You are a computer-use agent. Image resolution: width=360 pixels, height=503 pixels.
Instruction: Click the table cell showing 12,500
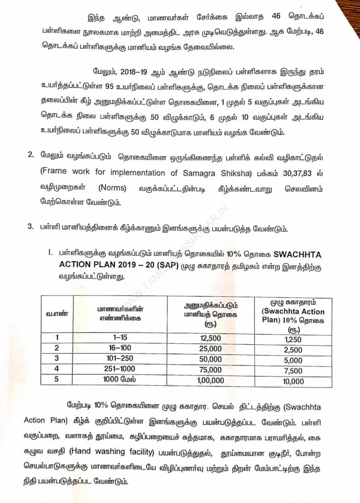click(x=210, y=338)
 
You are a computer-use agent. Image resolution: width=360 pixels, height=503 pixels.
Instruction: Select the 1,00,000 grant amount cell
click(x=210, y=380)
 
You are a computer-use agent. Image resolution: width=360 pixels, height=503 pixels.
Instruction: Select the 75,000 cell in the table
click(x=210, y=370)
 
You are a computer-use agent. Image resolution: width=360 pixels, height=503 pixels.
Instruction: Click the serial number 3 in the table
click(x=57, y=358)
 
